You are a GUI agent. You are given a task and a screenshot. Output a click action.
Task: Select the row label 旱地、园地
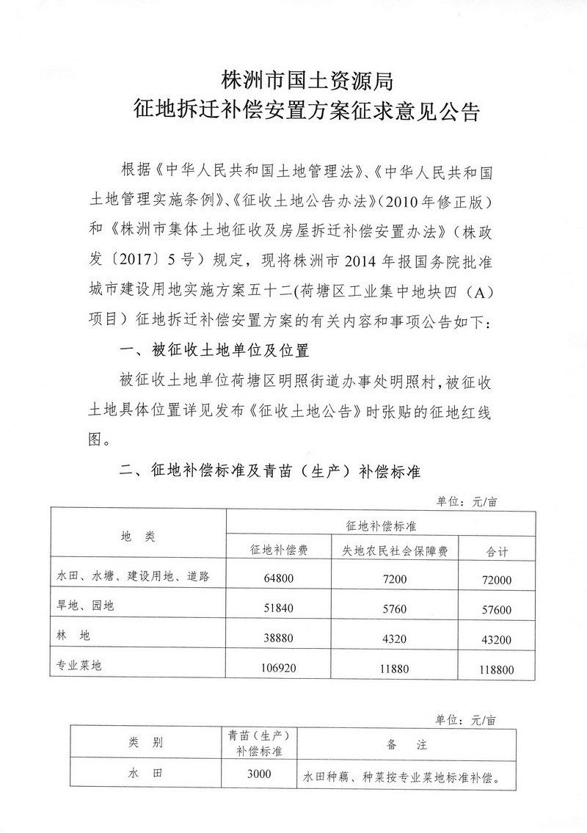tap(86, 606)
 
